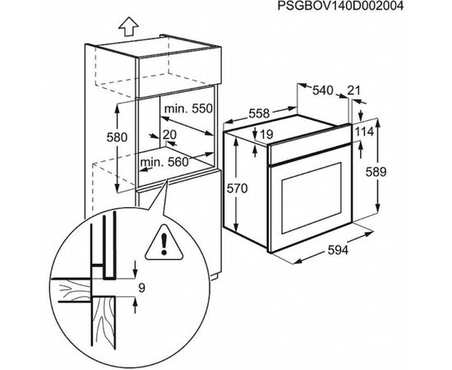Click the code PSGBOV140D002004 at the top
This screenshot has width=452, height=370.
pyautogui.click(x=340, y=6)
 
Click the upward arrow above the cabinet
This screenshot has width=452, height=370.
pyautogui.click(x=128, y=27)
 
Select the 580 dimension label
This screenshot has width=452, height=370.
pyautogui.click(x=117, y=137)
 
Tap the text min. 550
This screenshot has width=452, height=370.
pyautogui.click(x=188, y=109)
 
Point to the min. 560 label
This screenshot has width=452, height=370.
pyautogui.click(x=164, y=162)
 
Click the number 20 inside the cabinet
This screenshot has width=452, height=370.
pyautogui.click(x=169, y=134)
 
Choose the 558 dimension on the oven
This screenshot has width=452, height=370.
pyautogui.click(x=259, y=113)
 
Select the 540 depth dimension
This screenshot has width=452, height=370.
pyautogui.click(x=323, y=90)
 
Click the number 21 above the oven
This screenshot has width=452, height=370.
pyautogui.click(x=353, y=90)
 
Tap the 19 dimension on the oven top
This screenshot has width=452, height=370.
pyautogui.click(x=266, y=134)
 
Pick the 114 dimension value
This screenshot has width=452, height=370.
pyautogui.click(x=364, y=132)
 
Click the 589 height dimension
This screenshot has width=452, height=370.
pyautogui.click(x=376, y=172)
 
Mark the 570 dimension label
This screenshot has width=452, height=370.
pyautogui.click(x=238, y=188)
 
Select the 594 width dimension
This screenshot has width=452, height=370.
pyautogui.click(x=338, y=250)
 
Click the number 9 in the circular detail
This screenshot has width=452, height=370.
pyautogui.click(x=141, y=288)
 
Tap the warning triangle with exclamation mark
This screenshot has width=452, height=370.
pyautogui.click(x=164, y=243)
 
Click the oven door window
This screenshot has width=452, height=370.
pyautogui.click(x=311, y=198)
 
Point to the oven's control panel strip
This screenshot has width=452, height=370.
pyautogui.click(x=310, y=149)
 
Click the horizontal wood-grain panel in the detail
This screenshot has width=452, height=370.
pyautogui.click(x=71, y=290)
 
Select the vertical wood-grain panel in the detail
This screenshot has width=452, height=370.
pyautogui.click(x=104, y=322)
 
